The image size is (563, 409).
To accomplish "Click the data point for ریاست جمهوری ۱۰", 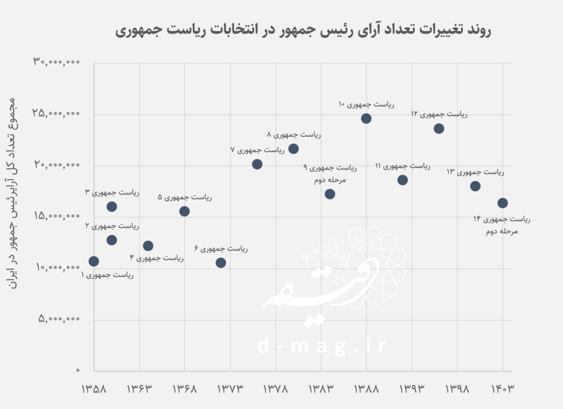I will pyautogui.click(x=366, y=118).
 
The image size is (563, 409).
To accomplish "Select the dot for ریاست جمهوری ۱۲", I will pyautogui.click(x=439, y=129).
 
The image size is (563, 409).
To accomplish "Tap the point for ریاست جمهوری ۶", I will pyautogui.click(x=220, y=263).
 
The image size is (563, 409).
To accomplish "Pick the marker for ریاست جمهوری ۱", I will pyautogui.click(x=93, y=261).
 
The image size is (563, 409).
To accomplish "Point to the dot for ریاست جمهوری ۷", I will pyautogui.click(x=257, y=164).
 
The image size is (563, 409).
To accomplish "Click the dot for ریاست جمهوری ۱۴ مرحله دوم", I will pyautogui.click(x=503, y=203).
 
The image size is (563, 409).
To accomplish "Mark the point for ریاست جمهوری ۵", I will pyautogui.click(x=184, y=211).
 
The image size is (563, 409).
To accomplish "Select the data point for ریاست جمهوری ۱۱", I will pyautogui.click(x=402, y=180).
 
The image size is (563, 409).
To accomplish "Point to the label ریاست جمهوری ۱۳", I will pyautogui.click(x=475, y=172).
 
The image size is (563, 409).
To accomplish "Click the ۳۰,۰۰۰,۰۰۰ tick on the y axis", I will pyautogui.click(x=57, y=63).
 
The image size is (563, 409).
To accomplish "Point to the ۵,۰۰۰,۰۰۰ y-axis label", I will pyautogui.click(x=60, y=319).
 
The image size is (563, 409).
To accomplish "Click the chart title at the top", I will pyautogui.click(x=303, y=30).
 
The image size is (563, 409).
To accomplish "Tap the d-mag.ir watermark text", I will pyautogui.click(x=322, y=346).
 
